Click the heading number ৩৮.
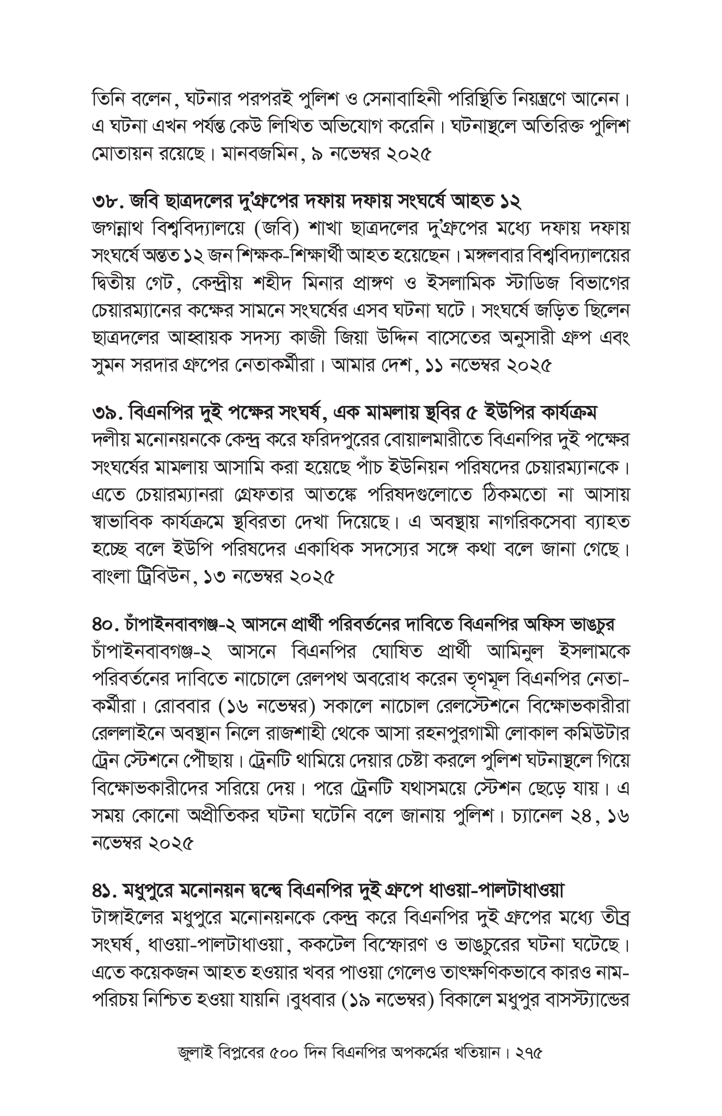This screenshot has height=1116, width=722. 104,203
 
